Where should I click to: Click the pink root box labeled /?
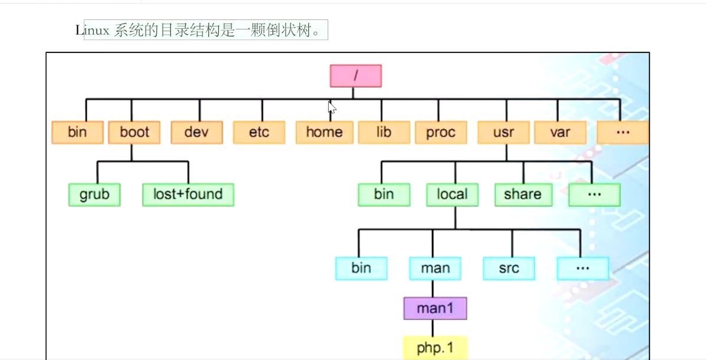click(x=355, y=76)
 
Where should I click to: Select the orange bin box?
click(x=77, y=133)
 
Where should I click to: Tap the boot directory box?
click(x=134, y=133)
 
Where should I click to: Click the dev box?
click(x=197, y=133)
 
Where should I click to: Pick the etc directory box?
click(x=259, y=133)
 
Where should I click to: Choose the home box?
click(x=324, y=133)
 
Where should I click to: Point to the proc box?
click(x=441, y=133)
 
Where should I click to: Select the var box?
click(x=560, y=133)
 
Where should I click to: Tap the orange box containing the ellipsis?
click(x=622, y=133)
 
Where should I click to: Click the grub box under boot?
click(x=94, y=194)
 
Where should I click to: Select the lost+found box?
click(x=188, y=194)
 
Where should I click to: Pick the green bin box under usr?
click(x=384, y=194)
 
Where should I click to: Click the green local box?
click(x=452, y=194)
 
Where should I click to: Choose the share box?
click(x=523, y=194)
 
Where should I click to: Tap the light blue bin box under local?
click(x=361, y=268)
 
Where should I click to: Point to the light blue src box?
click(x=509, y=268)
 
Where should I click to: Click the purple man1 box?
click(x=435, y=308)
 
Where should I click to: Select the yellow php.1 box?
click(x=435, y=348)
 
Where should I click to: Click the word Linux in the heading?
click(x=93, y=31)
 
